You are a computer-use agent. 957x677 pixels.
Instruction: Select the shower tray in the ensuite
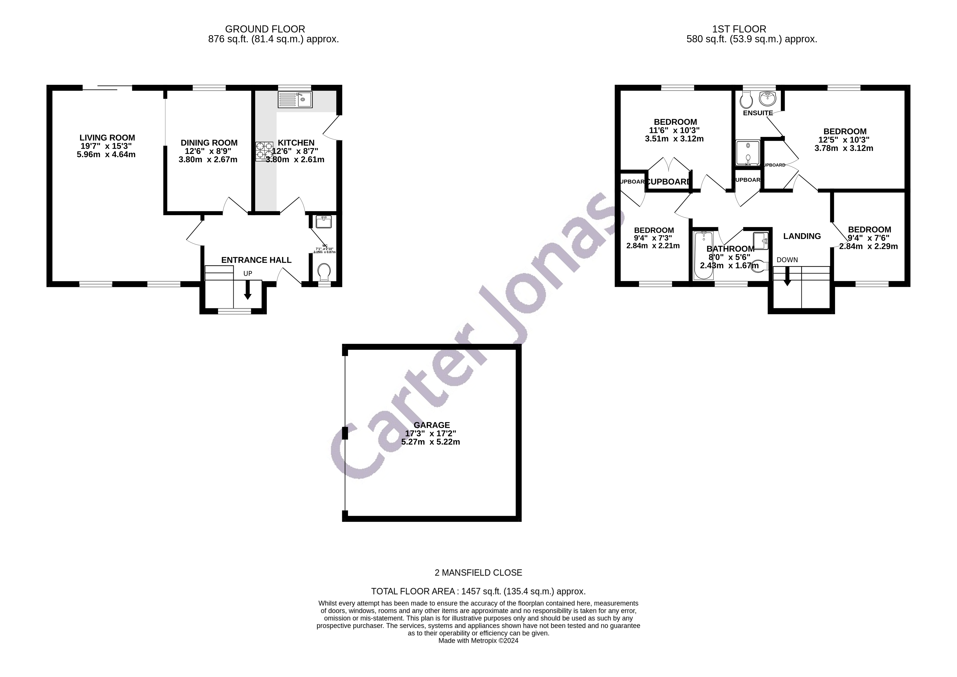pos(748,152)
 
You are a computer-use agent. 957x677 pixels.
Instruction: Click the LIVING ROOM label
pos(107,138)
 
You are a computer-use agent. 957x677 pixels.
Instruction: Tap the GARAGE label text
pos(431,425)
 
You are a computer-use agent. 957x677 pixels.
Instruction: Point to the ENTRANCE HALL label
pos(256,260)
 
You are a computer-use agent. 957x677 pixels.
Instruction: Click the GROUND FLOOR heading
pos(265,29)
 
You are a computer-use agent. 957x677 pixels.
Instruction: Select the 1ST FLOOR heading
pos(739,29)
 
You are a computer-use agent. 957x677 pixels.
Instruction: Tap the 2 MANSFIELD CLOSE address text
pos(478,573)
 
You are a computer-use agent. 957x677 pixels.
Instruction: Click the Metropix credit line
pos(478,641)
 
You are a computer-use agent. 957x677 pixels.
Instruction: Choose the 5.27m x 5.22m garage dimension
pos(431,442)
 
